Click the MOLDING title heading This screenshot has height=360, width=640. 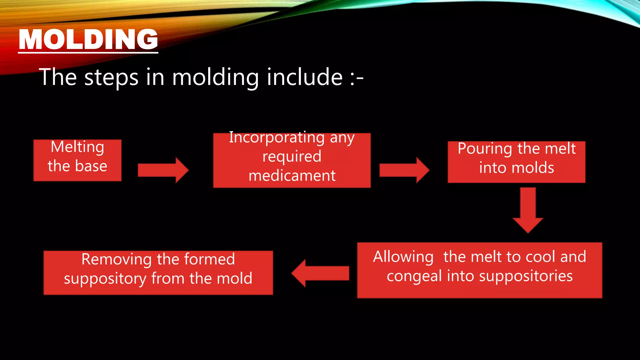click(88, 40)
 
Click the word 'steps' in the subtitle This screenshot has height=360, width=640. click(111, 77)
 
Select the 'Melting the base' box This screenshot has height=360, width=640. click(77, 160)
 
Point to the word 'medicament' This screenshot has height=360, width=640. click(292, 176)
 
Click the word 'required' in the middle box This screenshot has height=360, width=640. click(292, 157)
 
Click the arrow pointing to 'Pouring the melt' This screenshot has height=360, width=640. click(404, 170)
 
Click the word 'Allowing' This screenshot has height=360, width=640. click(403, 257)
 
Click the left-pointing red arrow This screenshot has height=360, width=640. click(320, 273)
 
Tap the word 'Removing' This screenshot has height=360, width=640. click(117, 259)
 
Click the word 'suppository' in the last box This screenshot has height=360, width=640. click(105, 279)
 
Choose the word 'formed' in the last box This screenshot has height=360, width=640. click(209, 259)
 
